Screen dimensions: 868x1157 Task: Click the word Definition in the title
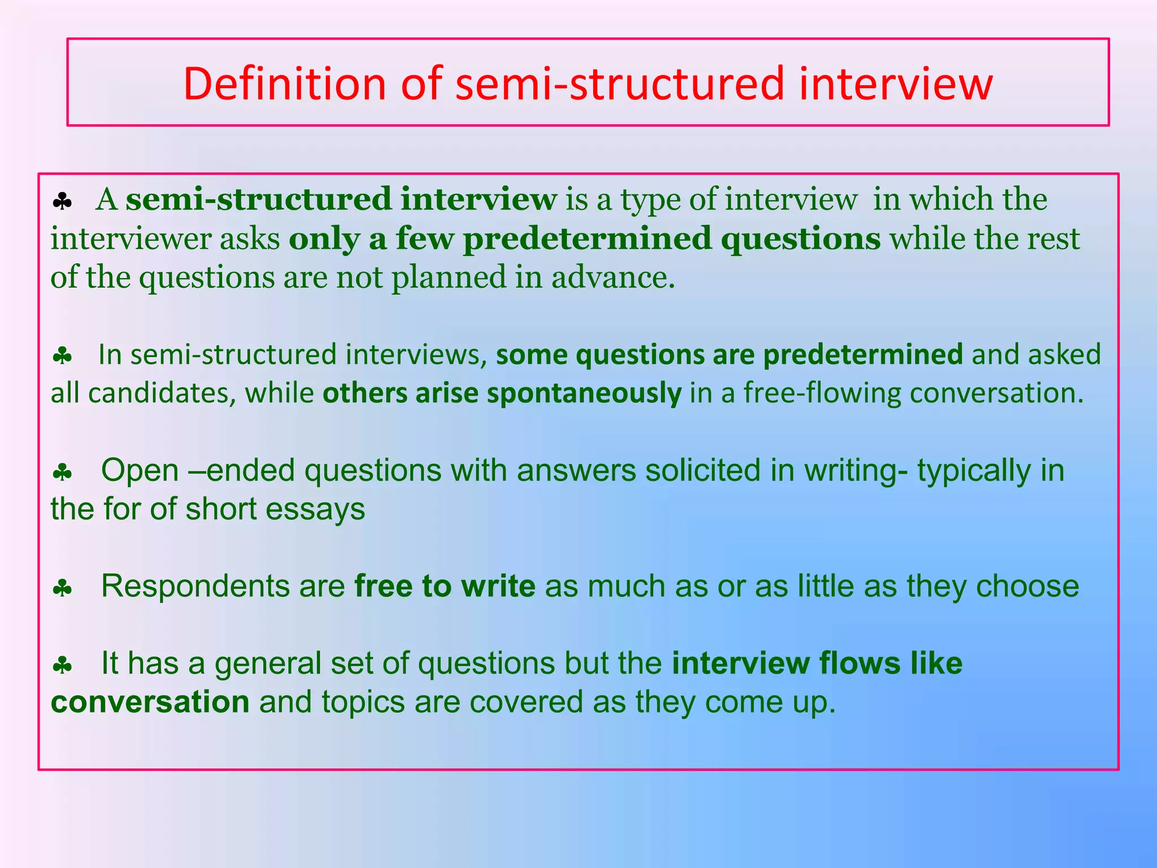(284, 84)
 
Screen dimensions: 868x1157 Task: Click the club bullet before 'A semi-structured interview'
(62, 202)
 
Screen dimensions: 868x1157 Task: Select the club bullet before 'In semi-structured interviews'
(62, 357)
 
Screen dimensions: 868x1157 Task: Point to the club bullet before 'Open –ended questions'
(62, 472)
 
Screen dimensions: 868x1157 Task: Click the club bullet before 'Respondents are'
(62, 589)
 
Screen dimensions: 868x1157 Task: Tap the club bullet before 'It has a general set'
(62, 666)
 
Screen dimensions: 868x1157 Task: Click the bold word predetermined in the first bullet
(587, 239)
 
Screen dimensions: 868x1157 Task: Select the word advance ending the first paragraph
(612, 277)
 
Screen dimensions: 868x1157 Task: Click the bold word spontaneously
(584, 393)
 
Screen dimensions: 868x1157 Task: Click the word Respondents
(195, 586)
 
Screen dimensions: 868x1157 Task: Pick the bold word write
(498, 586)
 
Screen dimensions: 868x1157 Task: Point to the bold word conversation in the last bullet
(150, 702)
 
